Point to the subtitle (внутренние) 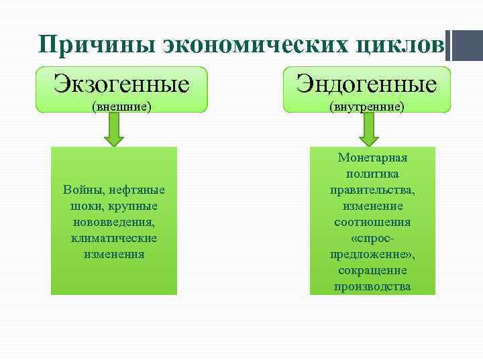366,106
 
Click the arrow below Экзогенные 114,130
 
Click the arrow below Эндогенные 369,130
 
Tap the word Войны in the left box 80,190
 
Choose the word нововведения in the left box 113,222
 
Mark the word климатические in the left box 113,238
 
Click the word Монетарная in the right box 372,158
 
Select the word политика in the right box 372,174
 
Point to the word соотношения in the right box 372,222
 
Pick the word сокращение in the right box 372,270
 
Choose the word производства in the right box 372,286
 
